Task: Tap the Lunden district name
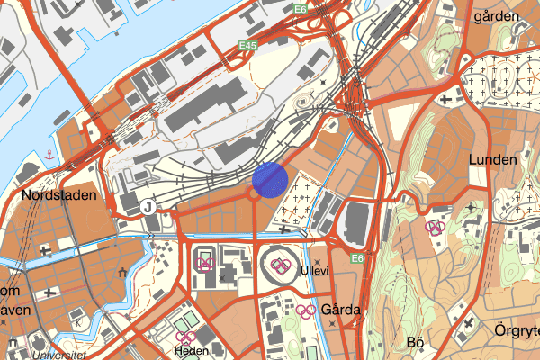(x=493, y=159)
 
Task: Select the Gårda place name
(x=340, y=310)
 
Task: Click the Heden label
(x=192, y=350)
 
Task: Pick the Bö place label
(x=415, y=342)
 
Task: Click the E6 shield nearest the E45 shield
(x=299, y=9)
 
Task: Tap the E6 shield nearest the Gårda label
(x=357, y=259)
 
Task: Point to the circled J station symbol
(x=149, y=206)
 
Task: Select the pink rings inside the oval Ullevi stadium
(x=280, y=265)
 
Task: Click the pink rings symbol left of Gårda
(x=306, y=311)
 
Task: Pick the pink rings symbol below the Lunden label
(x=436, y=228)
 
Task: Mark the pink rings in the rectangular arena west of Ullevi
(x=205, y=263)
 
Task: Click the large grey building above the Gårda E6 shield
(x=358, y=222)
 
